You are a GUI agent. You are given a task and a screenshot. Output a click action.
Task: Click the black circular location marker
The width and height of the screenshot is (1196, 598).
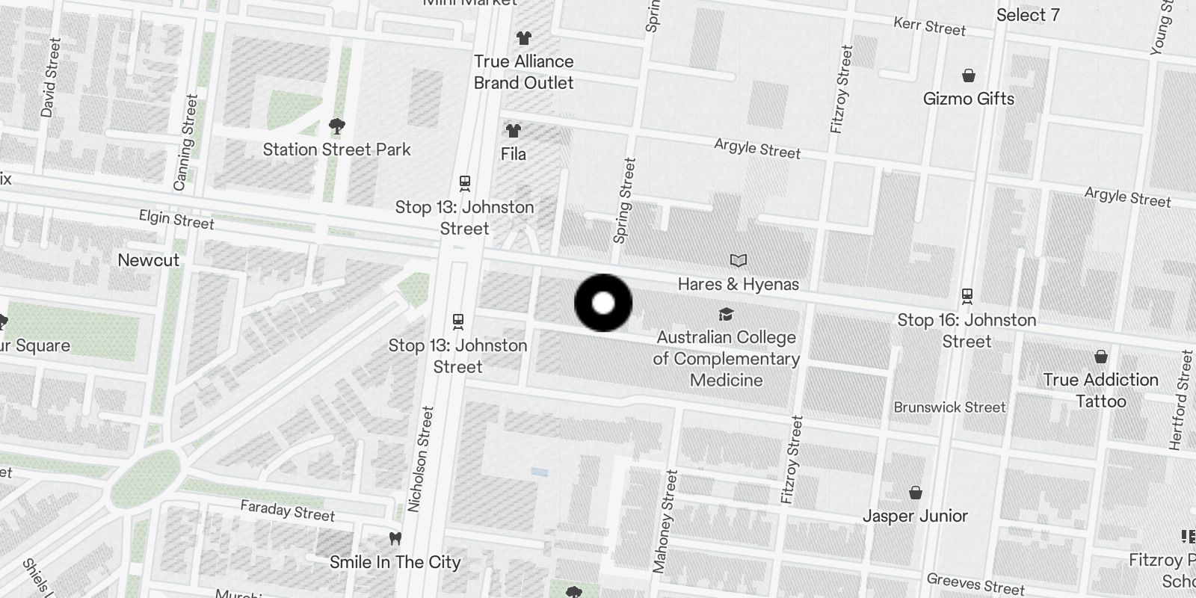pyautogui.click(x=602, y=303)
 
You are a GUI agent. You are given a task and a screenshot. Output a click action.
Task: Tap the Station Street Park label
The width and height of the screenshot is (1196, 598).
pyautogui.click(x=336, y=149)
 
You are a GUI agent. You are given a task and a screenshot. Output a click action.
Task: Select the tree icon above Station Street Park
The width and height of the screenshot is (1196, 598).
pyautogui.click(x=337, y=126)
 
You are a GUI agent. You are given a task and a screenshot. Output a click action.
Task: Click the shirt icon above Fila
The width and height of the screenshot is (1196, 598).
pyautogui.click(x=513, y=131)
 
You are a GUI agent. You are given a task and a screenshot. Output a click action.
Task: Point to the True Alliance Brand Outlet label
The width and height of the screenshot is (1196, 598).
pyautogui.click(x=523, y=73)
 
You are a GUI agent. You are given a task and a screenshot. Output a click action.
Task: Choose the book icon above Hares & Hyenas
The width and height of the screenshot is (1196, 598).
pyautogui.click(x=739, y=260)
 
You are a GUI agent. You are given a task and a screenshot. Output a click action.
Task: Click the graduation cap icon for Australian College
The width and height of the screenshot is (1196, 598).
pyautogui.click(x=726, y=314)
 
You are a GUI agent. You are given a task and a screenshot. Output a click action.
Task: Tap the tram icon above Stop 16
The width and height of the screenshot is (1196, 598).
pyautogui.click(x=967, y=296)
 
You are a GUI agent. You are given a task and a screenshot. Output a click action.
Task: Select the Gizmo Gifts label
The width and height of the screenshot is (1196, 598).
pyautogui.click(x=968, y=99)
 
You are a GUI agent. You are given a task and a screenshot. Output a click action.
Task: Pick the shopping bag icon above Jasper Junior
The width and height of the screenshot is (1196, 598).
pyautogui.click(x=915, y=493)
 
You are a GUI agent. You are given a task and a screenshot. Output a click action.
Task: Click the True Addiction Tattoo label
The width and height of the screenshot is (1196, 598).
pyautogui.click(x=1100, y=390)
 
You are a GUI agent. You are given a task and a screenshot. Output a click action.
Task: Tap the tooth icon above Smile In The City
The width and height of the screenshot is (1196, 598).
pyautogui.click(x=395, y=538)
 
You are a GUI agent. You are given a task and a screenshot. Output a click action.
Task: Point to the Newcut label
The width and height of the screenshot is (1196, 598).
pyautogui.click(x=149, y=260)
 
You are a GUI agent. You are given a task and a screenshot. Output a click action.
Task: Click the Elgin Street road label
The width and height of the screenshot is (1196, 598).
pyautogui.click(x=176, y=220)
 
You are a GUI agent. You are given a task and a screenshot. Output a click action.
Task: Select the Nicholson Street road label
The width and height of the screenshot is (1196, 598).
pyautogui.click(x=420, y=459)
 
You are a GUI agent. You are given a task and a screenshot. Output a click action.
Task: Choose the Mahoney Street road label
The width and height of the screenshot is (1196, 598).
pyautogui.click(x=665, y=522)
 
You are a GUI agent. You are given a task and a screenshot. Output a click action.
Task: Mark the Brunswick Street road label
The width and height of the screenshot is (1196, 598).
pyautogui.click(x=949, y=407)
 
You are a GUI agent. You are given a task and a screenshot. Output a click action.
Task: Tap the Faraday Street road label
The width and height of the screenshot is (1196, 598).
pyautogui.click(x=287, y=511)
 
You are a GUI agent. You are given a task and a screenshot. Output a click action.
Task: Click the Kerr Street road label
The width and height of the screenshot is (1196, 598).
pyautogui.click(x=929, y=27)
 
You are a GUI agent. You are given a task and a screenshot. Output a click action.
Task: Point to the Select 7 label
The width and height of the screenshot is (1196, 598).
pyautogui.click(x=1027, y=15)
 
